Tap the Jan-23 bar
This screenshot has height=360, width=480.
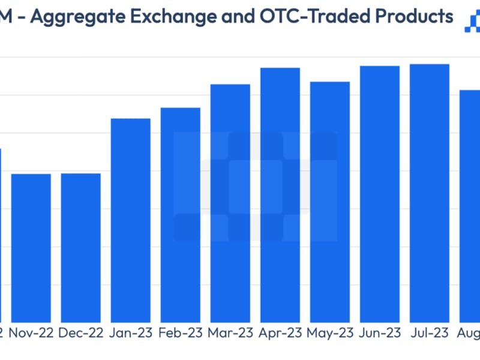130,220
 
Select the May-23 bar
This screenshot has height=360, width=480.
329,202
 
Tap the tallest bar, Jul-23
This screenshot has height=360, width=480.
429,193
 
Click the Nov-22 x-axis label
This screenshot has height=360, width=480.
31,333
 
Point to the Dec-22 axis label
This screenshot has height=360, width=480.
80,333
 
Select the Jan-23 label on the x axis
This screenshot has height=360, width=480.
130,333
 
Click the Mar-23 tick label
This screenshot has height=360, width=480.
230,333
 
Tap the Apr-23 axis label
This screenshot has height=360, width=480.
280,333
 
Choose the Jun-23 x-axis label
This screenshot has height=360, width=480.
379,333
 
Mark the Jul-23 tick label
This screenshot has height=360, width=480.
429,333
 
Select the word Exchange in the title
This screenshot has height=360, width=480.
181,16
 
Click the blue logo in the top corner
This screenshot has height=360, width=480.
473,22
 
